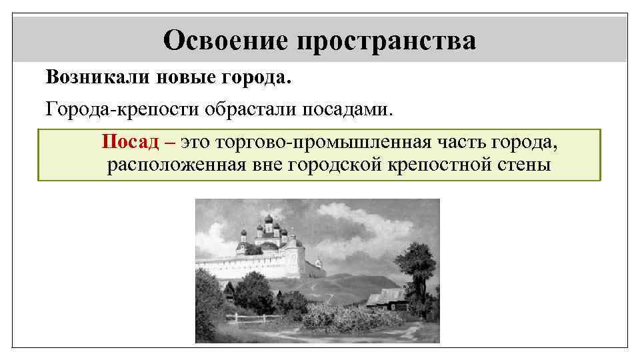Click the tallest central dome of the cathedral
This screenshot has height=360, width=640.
tap(268, 221)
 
